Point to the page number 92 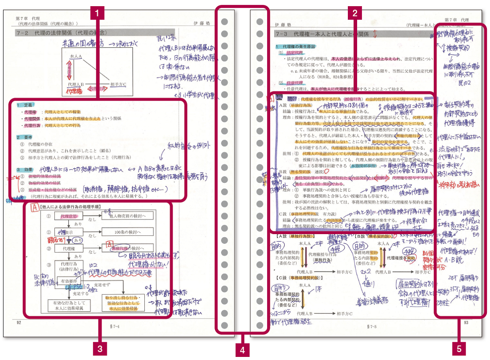point(19,322)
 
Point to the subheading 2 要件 point(25,137)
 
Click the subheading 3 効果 point(25,170)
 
